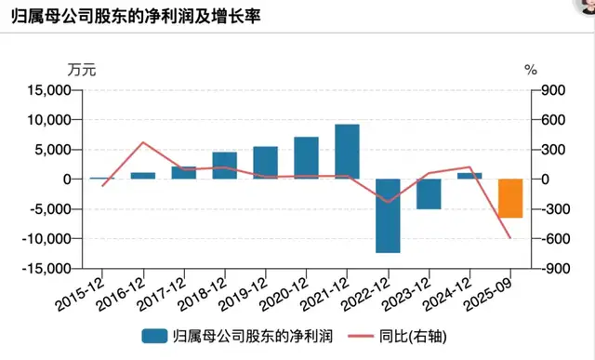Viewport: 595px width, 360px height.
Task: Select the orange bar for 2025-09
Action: pyautogui.click(x=510, y=198)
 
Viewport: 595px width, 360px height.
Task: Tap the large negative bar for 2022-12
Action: pyautogui.click(x=388, y=215)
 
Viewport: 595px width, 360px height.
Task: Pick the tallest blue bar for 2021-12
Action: pyautogui.click(x=347, y=152)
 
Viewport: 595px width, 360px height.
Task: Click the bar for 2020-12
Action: pyautogui.click(x=306, y=158)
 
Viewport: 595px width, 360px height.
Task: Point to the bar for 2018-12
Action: pyautogui.click(x=224, y=166)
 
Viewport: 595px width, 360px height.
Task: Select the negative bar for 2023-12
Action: pyautogui.click(x=429, y=193)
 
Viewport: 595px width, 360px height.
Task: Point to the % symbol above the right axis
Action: pyautogui.click(x=531, y=69)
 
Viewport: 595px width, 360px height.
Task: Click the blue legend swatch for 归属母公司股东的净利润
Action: pyautogui.click(x=152, y=334)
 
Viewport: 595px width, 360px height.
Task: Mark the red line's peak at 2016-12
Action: pyautogui.click(x=142, y=142)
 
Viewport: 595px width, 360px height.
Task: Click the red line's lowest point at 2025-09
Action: pyautogui.click(x=510, y=238)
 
